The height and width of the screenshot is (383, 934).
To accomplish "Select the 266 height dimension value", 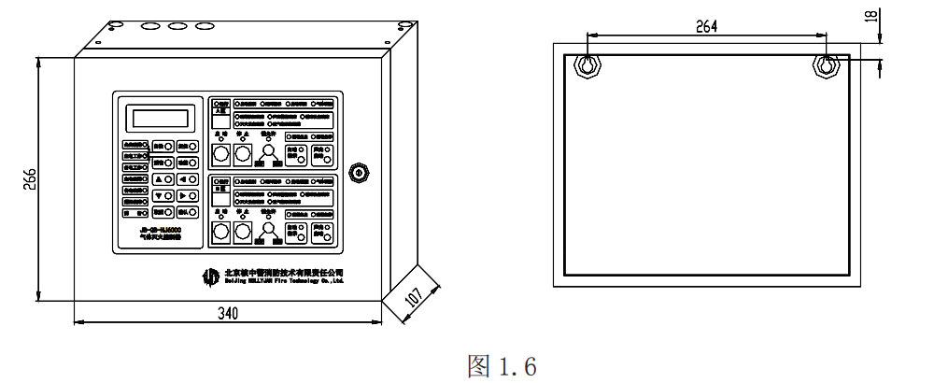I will point(30,178).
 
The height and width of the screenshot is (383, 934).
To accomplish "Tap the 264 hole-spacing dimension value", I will point(706,27).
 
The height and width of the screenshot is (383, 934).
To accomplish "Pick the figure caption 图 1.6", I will point(502,365).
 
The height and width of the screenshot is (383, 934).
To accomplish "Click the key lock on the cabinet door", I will point(357,172).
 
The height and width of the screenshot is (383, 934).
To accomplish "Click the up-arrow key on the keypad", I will point(162,178).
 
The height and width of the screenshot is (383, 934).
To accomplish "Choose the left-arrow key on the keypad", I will point(187,178).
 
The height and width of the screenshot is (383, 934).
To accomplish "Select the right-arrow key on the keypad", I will point(187,196).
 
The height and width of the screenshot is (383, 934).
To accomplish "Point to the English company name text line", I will point(286,279).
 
